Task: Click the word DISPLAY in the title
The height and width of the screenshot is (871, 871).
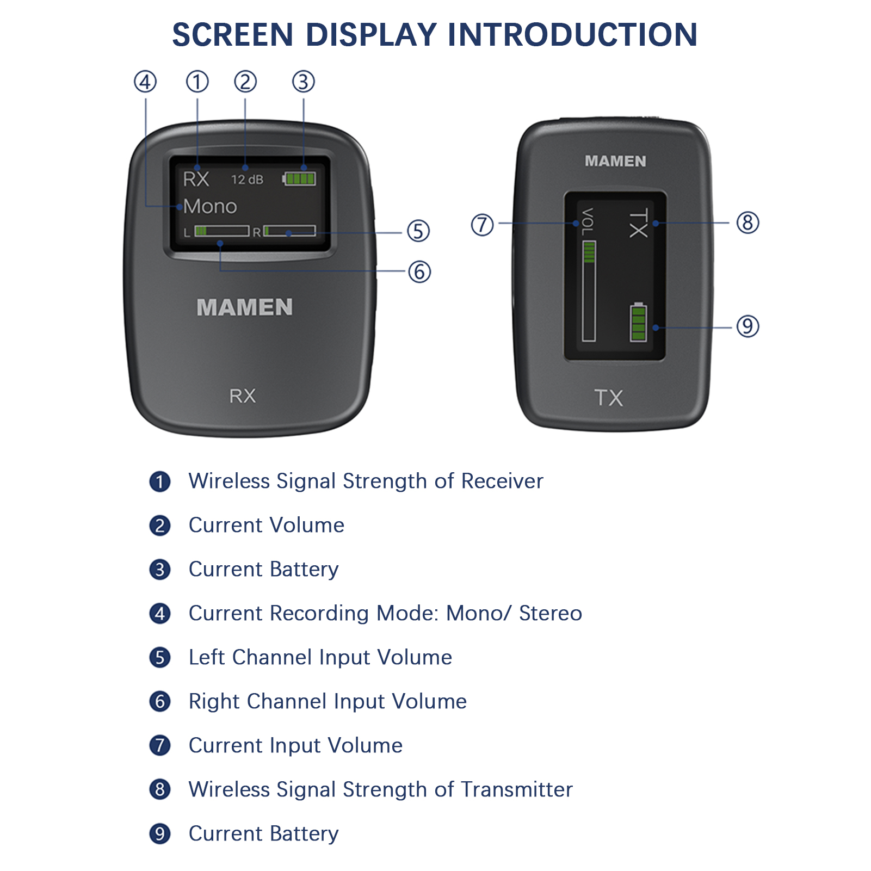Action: pos(371,34)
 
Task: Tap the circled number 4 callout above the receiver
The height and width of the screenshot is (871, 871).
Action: pos(145,82)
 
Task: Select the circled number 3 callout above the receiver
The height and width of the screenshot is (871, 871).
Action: pos(304,82)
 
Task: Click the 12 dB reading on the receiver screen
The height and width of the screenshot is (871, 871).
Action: pos(247,179)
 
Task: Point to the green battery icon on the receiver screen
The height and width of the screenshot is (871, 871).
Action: pos(299,178)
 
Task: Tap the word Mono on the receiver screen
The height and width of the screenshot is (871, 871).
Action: pos(210,207)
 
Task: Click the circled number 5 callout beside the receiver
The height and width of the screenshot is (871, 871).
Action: pos(418,231)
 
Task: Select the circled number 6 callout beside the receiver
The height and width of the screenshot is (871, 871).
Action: pos(419,271)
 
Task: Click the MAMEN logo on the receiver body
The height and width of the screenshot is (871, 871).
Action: pos(245,307)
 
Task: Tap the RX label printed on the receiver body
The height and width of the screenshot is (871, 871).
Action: pos(243,396)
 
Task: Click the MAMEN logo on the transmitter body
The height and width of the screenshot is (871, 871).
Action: pos(615,161)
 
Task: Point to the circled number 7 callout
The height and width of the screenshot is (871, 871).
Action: pos(482,225)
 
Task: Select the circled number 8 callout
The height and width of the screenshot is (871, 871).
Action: pos(748,223)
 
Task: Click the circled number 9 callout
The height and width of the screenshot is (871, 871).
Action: pos(748,326)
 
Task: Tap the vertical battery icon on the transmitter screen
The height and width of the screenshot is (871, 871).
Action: pos(639,322)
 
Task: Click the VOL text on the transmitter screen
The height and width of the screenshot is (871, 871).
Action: pos(588,222)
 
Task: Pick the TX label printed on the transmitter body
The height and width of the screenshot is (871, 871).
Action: pos(609,398)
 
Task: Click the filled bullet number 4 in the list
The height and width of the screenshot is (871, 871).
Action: pos(160,614)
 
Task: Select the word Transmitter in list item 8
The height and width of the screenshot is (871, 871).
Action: pos(516,789)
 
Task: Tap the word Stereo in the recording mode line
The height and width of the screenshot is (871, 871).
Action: pos(551,613)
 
